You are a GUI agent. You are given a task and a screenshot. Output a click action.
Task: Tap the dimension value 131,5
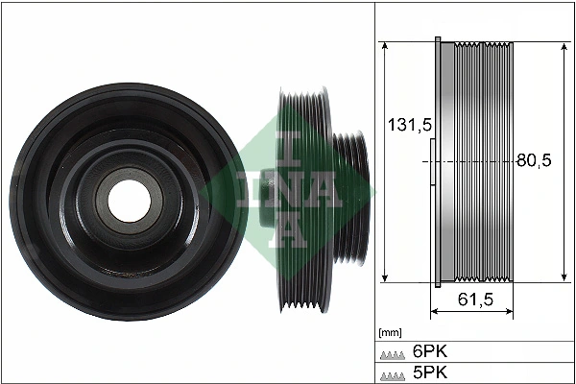403,125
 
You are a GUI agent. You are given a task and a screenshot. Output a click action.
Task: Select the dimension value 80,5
533,161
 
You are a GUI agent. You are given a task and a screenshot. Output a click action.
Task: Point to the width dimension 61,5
475,300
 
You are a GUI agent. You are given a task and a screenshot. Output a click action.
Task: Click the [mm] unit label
391,333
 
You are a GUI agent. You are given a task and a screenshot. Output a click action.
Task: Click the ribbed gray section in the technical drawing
485,163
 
